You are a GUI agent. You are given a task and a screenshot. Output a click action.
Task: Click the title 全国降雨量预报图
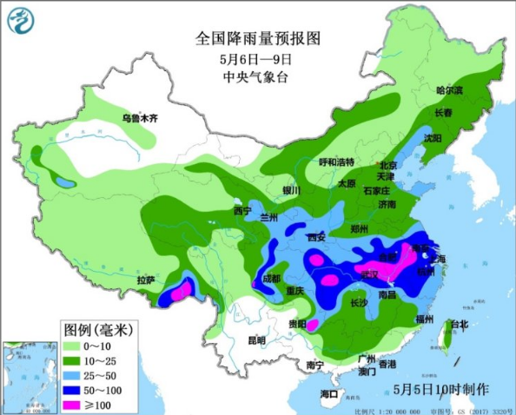(258, 39)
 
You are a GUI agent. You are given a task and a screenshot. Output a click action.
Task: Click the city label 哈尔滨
(449, 89)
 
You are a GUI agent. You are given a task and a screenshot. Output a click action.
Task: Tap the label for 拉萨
(147, 280)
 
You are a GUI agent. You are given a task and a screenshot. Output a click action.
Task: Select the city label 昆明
(256, 339)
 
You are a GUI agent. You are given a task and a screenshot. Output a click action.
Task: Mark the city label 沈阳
(432, 138)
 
